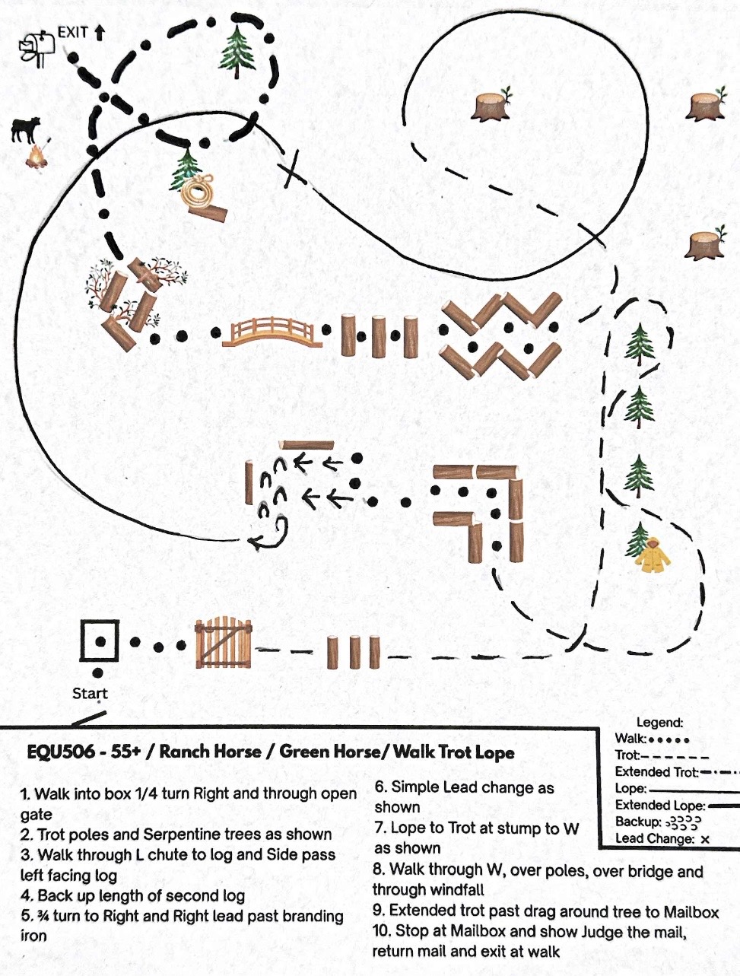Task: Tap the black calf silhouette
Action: click(x=26, y=129)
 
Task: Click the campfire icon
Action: click(x=33, y=156)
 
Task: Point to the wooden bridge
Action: click(x=272, y=332)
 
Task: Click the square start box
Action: click(x=100, y=641)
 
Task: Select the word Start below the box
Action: click(x=90, y=693)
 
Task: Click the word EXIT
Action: click(x=74, y=33)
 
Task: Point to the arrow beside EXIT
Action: click(x=100, y=33)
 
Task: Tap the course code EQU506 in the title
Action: click(x=61, y=752)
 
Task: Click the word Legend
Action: click(x=659, y=723)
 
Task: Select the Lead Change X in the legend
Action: click(x=705, y=840)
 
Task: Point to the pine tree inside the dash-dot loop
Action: click(x=237, y=52)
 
